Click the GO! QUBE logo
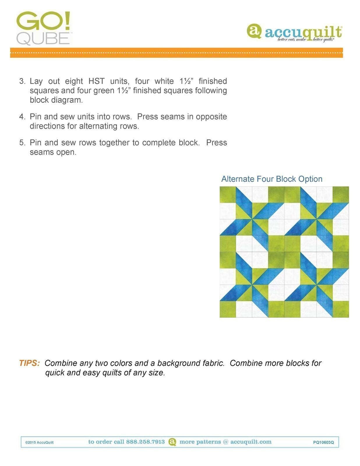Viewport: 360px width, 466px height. tap(43, 28)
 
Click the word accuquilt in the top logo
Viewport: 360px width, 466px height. tap(303, 32)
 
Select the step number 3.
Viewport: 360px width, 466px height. tap(22, 81)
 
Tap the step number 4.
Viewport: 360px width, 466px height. tap(22, 117)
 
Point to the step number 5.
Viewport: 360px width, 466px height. tap(22, 143)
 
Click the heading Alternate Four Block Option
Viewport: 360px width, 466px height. tap(271, 179)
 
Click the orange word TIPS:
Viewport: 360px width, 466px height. tap(29, 363)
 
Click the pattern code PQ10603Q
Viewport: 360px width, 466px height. tap(323, 442)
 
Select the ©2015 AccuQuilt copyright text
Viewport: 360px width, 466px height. tap(39, 442)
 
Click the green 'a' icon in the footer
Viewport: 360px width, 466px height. tap(172, 442)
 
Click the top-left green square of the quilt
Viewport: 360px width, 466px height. tap(227, 195)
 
